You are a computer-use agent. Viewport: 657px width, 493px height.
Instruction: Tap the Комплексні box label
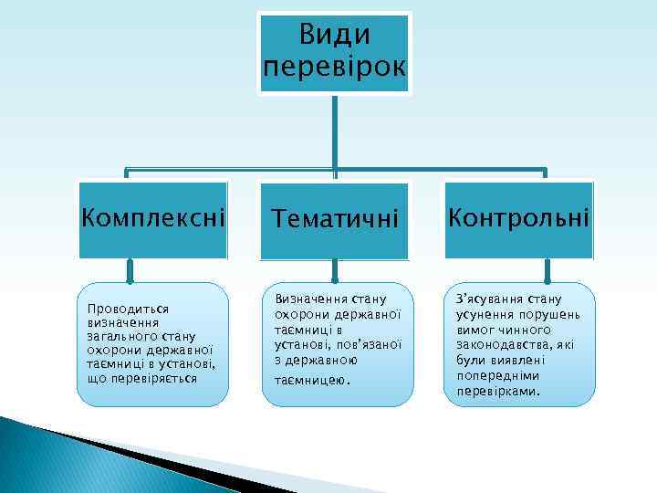point(152,218)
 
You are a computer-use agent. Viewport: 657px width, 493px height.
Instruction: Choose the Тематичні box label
point(334,219)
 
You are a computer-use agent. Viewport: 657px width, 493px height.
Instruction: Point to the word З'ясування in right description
point(486,299)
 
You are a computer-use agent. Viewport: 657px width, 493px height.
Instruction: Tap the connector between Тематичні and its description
point(335,270)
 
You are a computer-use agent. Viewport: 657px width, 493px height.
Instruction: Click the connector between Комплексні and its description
point(130,270)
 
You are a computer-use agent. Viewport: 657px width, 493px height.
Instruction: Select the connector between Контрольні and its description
point(547,270)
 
